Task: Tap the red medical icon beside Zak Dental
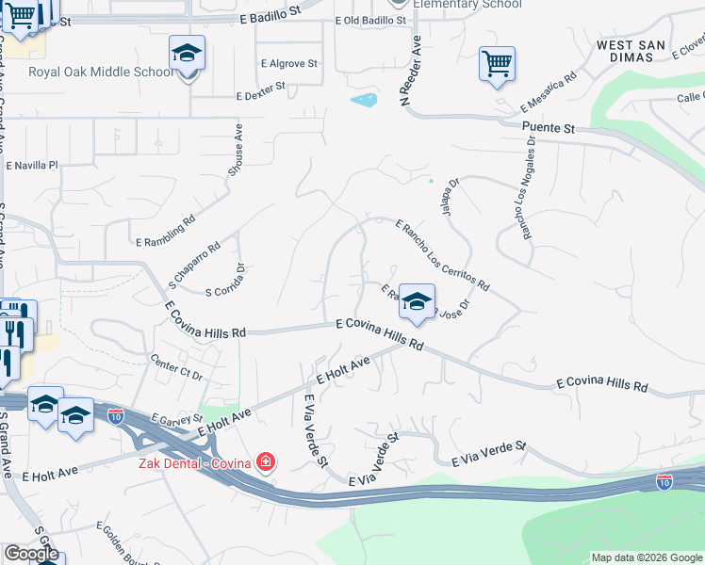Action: [x=267, y=461]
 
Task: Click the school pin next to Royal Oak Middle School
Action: [x=187, y=55]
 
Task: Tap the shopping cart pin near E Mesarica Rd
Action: [x=497, y=65]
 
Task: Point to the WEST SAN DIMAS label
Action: [x=638, y=51]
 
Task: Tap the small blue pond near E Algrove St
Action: [x=363, y=99]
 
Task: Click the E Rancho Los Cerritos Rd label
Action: [x=442, y=254]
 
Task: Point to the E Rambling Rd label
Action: [x=164, y=226]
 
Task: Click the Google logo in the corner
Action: [x=30, y=555]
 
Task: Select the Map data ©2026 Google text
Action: [x=646, y=557]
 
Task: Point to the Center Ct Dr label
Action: [x=177, y=367]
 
